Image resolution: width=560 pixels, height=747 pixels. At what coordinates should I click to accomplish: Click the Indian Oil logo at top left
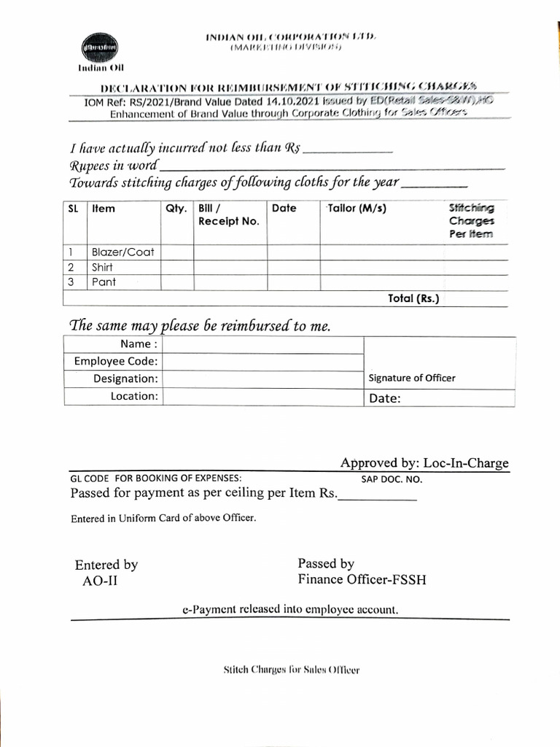[x=97, y=47]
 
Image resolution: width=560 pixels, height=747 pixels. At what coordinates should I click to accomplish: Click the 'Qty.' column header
[x=176, y=209]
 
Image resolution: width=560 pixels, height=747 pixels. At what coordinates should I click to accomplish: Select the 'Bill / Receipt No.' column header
[x=228, y=214]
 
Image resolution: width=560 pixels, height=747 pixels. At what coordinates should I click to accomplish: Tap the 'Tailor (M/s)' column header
[x=357, y=209]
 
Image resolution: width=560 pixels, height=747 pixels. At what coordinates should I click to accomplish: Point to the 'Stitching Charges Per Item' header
[x=471, y=221]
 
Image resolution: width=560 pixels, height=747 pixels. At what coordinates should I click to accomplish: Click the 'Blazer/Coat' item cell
[x=122, y=252]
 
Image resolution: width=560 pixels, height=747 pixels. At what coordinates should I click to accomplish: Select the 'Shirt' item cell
[x=102, y=267]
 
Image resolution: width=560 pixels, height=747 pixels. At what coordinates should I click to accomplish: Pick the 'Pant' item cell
[x=104, y=282]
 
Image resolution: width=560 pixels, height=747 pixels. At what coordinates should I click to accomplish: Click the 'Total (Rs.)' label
[x=413, y=298]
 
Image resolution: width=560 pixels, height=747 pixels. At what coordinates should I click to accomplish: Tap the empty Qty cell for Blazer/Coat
[x=177, y=252]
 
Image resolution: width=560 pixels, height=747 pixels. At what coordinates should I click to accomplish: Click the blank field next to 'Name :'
[x=262, y=344]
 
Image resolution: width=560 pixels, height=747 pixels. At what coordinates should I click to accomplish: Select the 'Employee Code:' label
[x=116, y=362]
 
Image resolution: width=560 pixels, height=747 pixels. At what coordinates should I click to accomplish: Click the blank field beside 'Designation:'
[x=262, y=379]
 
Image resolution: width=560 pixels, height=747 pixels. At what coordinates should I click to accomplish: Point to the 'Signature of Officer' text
[x=412, y=378]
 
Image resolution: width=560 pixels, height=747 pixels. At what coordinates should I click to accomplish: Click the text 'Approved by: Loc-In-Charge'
[x=424, y=463]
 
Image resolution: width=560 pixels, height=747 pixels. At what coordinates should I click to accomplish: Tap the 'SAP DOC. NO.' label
[x=392, y=480]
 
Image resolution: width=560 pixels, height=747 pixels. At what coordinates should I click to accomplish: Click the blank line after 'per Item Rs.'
[x=377, y=495]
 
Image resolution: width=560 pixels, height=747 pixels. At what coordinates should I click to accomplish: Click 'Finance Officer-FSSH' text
[x=362, y=580]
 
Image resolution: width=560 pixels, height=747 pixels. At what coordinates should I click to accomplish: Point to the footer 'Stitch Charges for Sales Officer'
[x=291, y=670]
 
